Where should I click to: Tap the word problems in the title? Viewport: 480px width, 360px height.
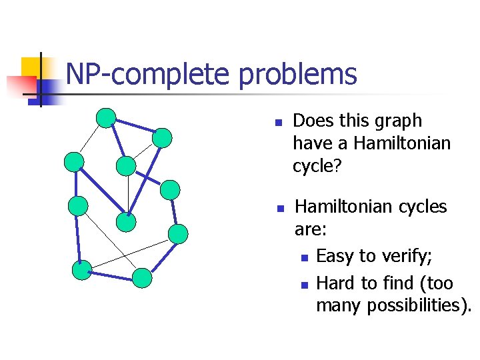click(x=298, y=75)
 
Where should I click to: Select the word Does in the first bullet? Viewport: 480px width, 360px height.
click(x=313, y=121)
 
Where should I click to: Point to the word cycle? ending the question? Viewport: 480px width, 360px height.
click(x=317, y=166)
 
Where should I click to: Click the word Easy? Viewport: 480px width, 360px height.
click(x=336, y=256)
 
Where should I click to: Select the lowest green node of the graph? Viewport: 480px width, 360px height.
click(x=142, y=278)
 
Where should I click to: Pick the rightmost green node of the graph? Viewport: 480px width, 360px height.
click(x=178, y=233)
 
